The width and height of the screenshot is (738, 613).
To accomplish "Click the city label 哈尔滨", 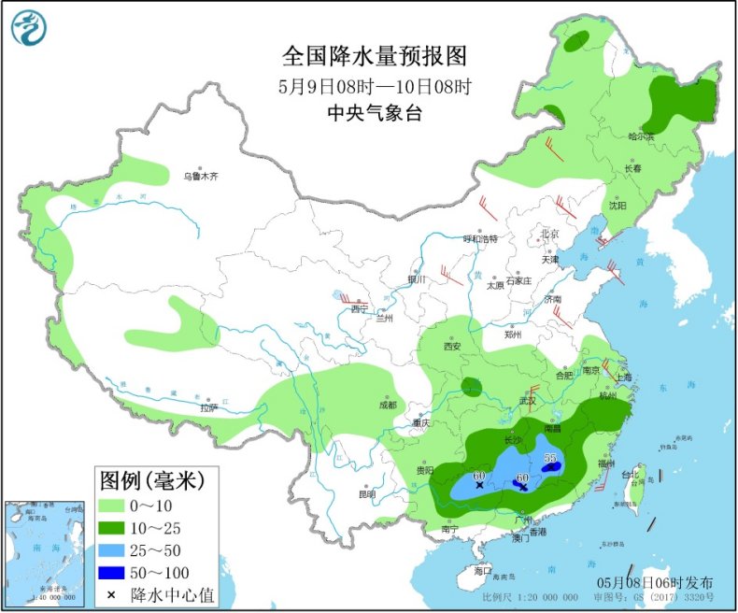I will click(x=641, y=136).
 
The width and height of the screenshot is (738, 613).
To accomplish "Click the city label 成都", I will click(x=387, y=405).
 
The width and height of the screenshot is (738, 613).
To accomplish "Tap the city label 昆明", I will click(x=365, y=493).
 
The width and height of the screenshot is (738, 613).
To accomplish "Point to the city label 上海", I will click(x=623, y=377).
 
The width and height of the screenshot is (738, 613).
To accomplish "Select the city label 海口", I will click(x=482, y=569).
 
